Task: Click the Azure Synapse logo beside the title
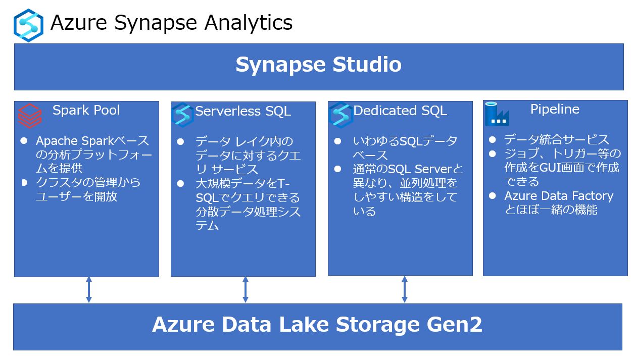[x=28, y=25]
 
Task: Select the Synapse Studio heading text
[x=318, y=65]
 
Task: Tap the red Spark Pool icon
[x=30, y=116]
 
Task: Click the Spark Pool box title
[x=86, y=110]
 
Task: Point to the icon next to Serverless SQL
[x=182, y=115]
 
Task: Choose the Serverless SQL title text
[x=243, y=111]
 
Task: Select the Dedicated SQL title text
[x=400, y=111]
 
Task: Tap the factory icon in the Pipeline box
[x=497, y=114]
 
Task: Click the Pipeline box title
[x=555, y=109]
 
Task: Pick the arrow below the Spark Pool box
[x=89, y=290]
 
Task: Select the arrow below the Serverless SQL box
[x=246, y=290]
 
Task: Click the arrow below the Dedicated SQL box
[x=405, y=289]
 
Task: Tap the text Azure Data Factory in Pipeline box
[x=558, y=196]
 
